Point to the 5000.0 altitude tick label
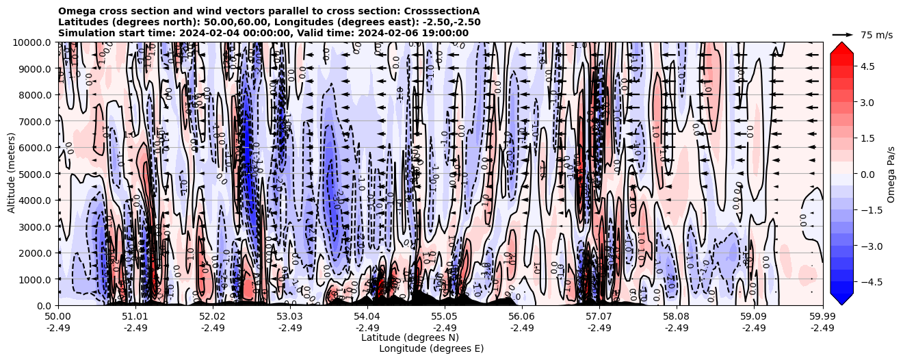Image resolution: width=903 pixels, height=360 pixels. (x=35, y=174)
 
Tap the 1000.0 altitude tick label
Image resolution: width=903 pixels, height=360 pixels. (x=35, y=279)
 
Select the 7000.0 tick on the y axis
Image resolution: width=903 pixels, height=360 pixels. (x=35, y=121)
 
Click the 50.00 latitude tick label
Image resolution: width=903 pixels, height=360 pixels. (x=58, y=317)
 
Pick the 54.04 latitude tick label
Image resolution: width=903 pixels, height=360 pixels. (x=367, y=317)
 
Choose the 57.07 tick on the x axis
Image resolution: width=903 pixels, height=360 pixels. (x=599, y=317)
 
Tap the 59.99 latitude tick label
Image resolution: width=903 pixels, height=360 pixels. (x=822, y=317)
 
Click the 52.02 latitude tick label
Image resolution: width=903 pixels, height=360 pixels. (x=213, y=317)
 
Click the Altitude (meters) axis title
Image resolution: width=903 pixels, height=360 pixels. (x=12, y=174)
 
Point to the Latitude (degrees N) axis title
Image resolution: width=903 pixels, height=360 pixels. (x=410, y=337)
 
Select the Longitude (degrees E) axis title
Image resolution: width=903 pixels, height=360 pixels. (x=431, y=348)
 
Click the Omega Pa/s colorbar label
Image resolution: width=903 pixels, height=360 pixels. (x=891, y=174)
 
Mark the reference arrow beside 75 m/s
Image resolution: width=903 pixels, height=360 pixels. (x=842, y=34)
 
